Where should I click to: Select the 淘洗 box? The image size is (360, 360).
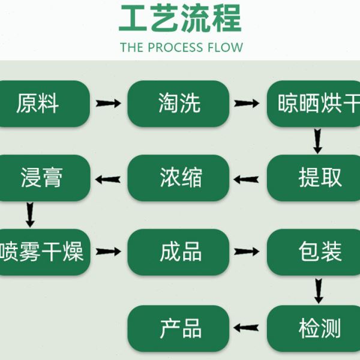pyautogui.click(x=179, y=103)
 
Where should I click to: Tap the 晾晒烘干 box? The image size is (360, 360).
pyautogui.click(x=314, y=103)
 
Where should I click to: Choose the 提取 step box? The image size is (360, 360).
pyautogui.click(x=314, y=178)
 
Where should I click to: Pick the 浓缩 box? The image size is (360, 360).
pyautogui.click(x=179, y=178)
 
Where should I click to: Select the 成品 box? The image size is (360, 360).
pyautogui.click(x=179, y=252)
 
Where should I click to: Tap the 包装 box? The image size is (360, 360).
pyautogui.click(x=314, y=252)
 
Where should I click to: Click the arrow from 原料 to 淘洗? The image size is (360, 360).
pyautogui.click(x=109, y=103)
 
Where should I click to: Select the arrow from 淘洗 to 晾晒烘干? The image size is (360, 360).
pyautogui.click(x=247, y=103)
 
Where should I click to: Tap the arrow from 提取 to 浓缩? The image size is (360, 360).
pyautogui.click(x=247, y=178)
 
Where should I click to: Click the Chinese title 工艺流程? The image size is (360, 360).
pyautogui.click(x=180, y=18)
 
